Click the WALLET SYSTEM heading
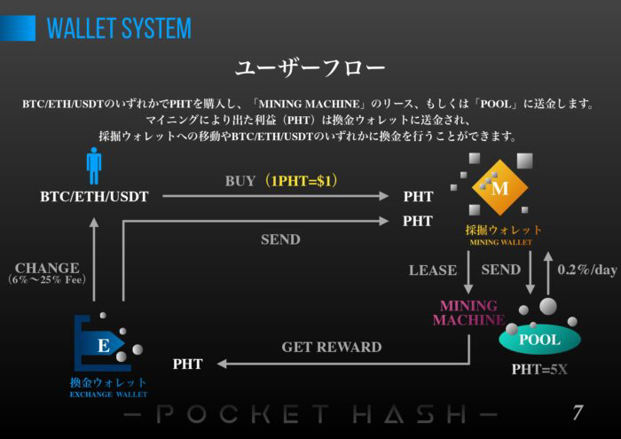coord(119,28)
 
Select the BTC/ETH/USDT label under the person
coord(95,197)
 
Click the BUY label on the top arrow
coord(240,181)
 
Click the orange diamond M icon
coord(499,187)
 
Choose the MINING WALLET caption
coord(501,242)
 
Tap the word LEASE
coord(433,270)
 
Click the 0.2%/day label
coord(586,270)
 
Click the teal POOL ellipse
coord(539,340)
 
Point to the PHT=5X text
coord(539,370)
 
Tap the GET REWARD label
coord(332,347)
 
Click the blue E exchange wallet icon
coord(104,345)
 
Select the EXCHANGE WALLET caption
coord(108,394)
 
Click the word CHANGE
coord(47,268)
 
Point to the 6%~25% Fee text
coord(47,280)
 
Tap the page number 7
coord(577,412)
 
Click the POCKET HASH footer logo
coord(310,413)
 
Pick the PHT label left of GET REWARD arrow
coord(187,364)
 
